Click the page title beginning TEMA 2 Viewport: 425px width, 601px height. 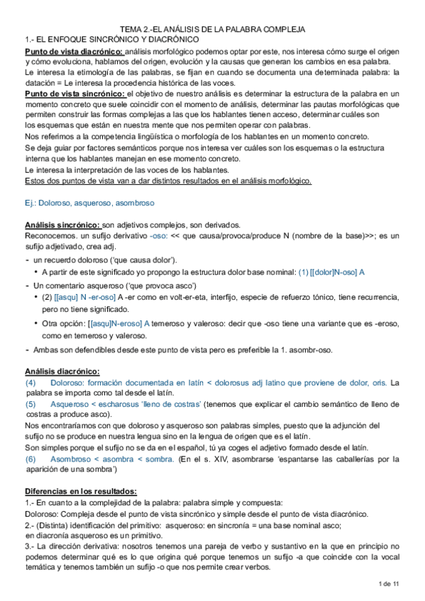(x=212, y=30)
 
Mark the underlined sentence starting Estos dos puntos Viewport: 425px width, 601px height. (x=167, y=180)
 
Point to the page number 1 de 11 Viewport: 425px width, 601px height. (x=390, y=583)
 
